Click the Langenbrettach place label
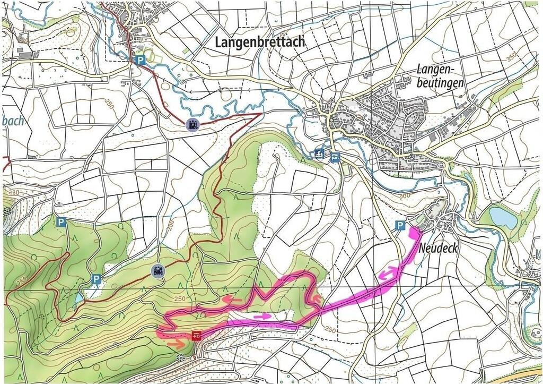coord(260,42)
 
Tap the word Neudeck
coord(438,248)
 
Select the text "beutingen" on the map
coord(440,83)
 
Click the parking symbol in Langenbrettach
coord(140,61)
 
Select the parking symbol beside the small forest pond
coord(96,279)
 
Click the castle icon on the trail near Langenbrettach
coord(192,125)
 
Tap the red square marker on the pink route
coord(197,335)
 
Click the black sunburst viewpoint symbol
coord(181,357)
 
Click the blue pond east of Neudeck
coord(502,217)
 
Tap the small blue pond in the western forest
coord(78,298)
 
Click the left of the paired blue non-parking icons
coord(318,154)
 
